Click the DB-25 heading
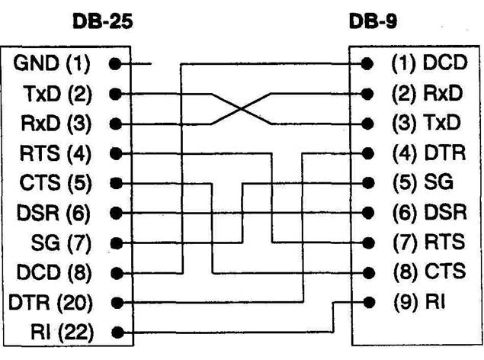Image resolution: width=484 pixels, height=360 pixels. coord(102,21)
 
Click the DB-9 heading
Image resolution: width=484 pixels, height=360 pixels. coord(373,21)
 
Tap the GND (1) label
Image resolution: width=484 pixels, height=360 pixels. coord(52,63)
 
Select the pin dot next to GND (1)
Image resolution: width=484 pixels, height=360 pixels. coord(115,64)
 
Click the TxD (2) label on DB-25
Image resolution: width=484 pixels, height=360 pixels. coord(57,94)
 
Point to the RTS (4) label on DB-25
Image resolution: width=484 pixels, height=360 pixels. coord(55,153)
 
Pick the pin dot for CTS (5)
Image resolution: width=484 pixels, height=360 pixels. coord(116,183)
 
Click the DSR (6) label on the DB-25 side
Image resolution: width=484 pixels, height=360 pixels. coord(53,213)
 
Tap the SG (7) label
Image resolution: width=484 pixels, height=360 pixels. coord(61,243)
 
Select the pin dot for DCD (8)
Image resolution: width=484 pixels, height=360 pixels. coord(117,273)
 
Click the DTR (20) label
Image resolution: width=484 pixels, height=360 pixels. coord(50,303)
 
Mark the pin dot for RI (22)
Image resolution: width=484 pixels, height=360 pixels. coord(117,333)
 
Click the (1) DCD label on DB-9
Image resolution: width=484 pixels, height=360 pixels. coord(429,63)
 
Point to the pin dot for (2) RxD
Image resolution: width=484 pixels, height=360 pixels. coord(367,94)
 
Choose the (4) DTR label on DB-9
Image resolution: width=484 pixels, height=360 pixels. coord(429,153)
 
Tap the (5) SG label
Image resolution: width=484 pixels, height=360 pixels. coord(423,182)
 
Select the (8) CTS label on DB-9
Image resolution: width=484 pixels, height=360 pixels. coord(430,272)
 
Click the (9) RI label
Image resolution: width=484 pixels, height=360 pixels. coord(419,301)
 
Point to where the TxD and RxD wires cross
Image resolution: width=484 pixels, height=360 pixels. coord(242,109)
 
